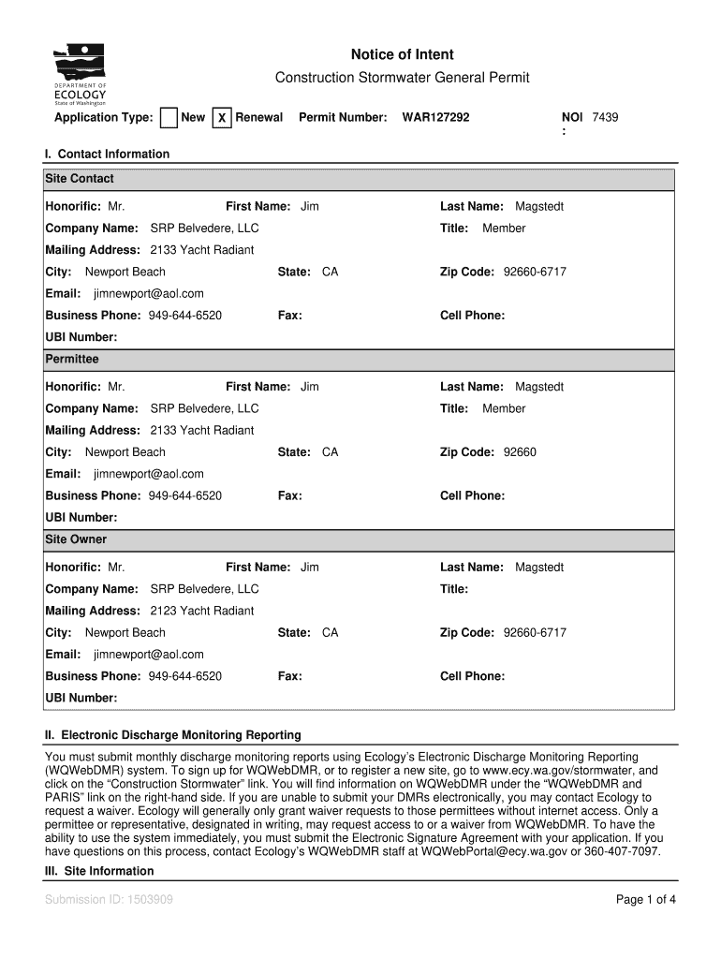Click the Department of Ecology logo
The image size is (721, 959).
coord(81,75)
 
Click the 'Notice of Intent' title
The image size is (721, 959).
coord(403,55)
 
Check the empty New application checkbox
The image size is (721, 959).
coord(169,118)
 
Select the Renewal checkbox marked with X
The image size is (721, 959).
coord(222,118)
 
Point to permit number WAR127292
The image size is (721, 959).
coord(435,118)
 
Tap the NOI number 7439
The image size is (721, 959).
coord(605,117)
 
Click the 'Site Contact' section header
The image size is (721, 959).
coord(80,178)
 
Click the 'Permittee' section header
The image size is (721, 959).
coord(72,359)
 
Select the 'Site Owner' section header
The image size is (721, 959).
coord(76,539)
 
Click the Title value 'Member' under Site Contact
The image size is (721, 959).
coord(504,229)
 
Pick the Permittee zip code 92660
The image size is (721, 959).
coord(520,452)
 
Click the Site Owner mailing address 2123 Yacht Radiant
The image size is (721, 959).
coord(201,611)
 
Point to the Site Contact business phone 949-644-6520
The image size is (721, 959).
coord(185,316)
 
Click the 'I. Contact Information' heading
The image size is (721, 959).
coord(108,154)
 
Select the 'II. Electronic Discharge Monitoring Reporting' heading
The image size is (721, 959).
coord(173,735)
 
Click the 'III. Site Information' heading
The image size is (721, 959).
coord(99,871)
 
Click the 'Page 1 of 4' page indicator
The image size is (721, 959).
coord(646,900)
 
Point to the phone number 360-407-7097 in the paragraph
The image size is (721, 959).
coord(624,852)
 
